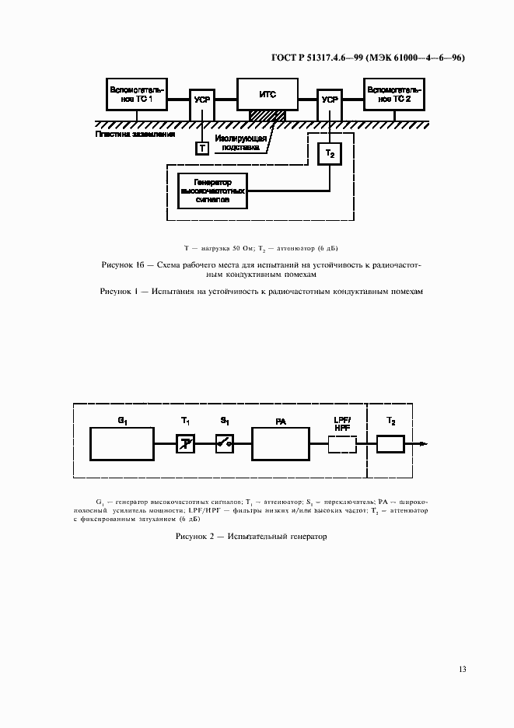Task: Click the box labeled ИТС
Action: [x=267, y=95]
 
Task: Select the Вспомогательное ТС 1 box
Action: [x=137, y=95]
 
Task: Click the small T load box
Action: [x=202, y=148]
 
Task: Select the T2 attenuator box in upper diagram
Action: [x=330, y=155]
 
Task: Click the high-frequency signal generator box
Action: [x=213, y=191]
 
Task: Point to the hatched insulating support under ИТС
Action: [x=267, y=116]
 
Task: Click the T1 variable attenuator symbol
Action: [x=185, y=444]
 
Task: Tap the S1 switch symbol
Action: [x=225, y=444]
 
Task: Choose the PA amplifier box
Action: [x=281, y=444]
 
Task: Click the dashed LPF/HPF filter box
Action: [x=342, y=444]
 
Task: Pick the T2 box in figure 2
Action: [x=390, y=444]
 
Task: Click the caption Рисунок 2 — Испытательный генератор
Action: [x=252, y=537]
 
